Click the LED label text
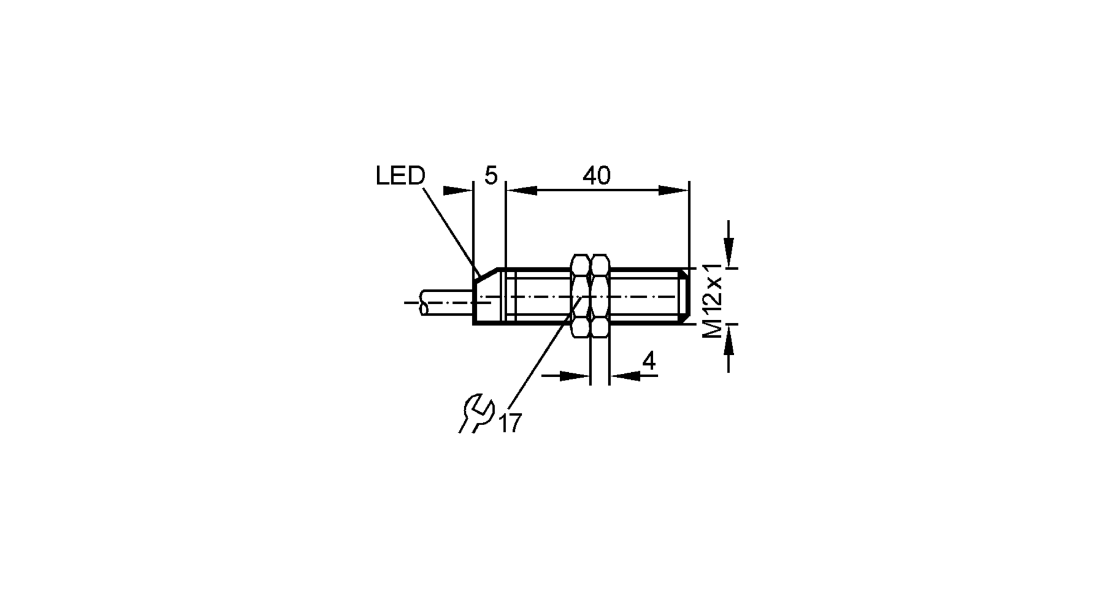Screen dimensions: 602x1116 (x=400, y=176)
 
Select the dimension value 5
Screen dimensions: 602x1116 (x=490, y=176)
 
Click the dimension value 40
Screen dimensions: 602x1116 (x=597, y=176)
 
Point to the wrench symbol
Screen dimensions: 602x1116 (x=477, y=413)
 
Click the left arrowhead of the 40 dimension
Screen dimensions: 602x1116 (x=522, y=190)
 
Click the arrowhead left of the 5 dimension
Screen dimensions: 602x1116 (x=457, y=190)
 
